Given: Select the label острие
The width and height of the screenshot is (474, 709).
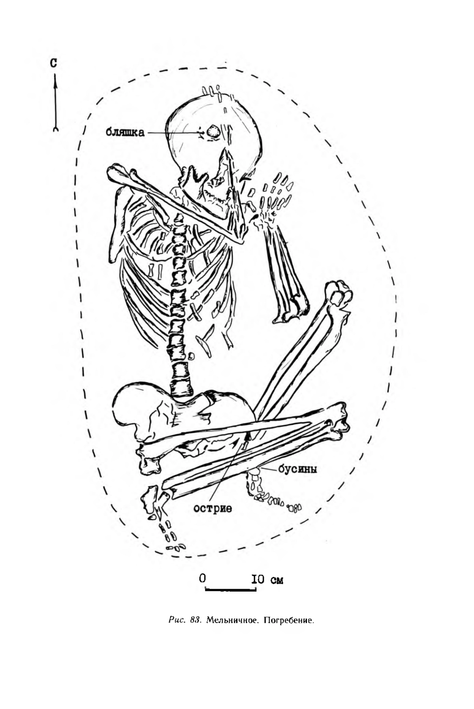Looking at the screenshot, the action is [x=213, y=508].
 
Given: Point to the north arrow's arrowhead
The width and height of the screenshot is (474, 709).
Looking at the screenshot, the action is [x=55, y=81].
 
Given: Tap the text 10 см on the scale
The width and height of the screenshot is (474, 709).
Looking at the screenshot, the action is [x=267, y=580].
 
